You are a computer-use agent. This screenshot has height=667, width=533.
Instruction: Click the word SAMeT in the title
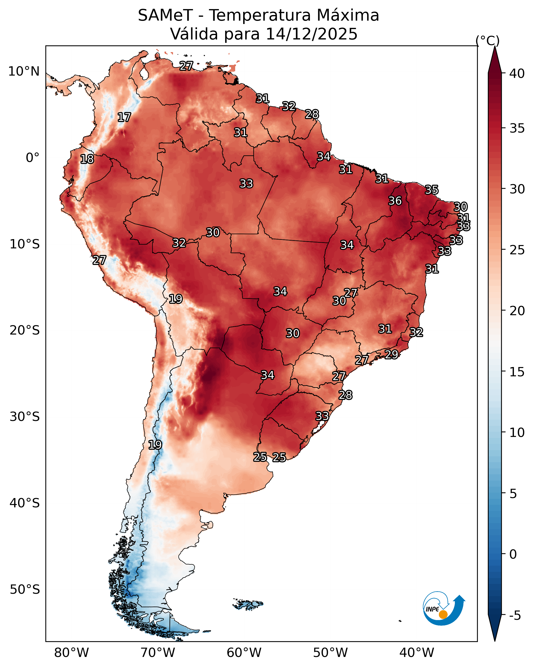coord(165,15)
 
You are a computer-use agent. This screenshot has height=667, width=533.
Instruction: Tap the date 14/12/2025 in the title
coord(311,34)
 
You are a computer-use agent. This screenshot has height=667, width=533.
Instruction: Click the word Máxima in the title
coord(348,15)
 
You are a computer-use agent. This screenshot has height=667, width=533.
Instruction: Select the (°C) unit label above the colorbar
coord(487,40)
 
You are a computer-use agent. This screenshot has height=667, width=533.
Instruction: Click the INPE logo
coord(443,609)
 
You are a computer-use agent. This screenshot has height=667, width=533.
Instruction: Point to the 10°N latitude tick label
coord(24,71)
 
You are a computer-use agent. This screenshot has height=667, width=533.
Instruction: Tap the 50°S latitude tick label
coord(24,590)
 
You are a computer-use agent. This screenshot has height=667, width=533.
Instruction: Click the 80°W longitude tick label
coord(71,653)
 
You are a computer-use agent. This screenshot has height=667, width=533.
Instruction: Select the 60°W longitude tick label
coord(244,653)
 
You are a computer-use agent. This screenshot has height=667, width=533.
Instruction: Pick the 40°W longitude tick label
coord(417,653)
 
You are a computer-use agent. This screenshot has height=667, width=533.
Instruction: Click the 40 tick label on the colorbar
coord(517,74)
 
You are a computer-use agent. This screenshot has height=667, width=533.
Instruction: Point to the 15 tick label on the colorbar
coord(517,372)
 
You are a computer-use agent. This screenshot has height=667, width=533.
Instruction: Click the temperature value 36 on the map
coord(395,201)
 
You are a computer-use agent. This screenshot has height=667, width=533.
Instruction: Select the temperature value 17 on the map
coord(124,117)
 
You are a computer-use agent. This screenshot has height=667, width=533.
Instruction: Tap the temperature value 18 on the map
coord(87,159)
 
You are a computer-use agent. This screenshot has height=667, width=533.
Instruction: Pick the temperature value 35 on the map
coord(432,190)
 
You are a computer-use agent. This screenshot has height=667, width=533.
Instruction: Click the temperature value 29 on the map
coord(391,354)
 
